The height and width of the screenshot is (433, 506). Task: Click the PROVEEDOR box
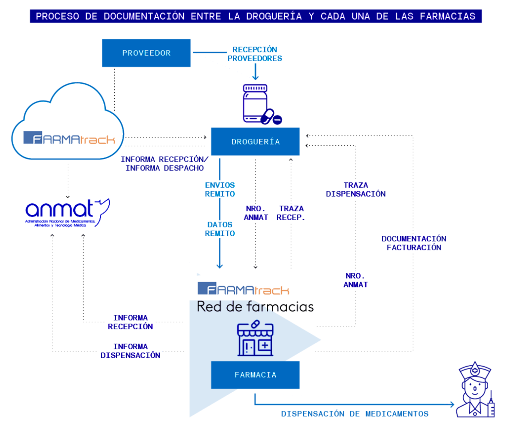click(146, 53)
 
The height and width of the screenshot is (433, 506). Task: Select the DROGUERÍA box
click(255, 142)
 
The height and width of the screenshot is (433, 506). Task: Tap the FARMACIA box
click(255, 375)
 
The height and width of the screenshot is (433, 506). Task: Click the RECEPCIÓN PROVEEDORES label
click(254, 54)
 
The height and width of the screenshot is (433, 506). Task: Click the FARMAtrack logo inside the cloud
click(69, 138)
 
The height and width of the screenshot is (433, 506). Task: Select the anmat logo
click(67, 213)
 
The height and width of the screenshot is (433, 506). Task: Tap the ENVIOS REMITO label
click(220, 190)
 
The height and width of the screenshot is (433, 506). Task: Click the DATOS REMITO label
click(220, 229)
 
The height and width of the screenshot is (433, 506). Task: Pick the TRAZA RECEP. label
click(291, 213)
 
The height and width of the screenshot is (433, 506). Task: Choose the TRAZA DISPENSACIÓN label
click(356, 190)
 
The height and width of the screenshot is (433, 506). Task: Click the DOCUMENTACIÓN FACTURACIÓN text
click(414, 243)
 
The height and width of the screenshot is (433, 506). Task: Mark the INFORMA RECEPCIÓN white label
click(130, 322)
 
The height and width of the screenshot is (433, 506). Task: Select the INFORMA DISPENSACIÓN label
click(130, 351)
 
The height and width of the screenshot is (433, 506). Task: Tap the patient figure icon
click(475, 390)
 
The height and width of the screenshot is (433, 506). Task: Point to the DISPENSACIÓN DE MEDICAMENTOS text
click(354, 414)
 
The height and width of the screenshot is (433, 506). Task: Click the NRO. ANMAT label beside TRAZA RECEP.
click(256, 213)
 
